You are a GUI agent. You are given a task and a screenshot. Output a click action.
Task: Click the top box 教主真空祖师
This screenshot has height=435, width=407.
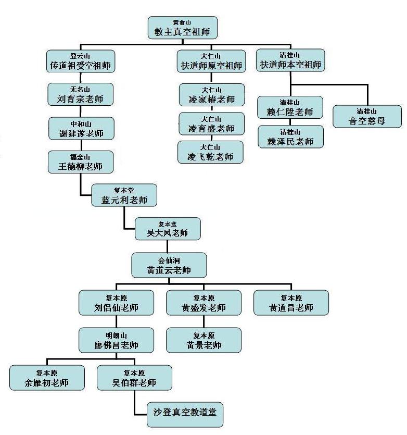[x=182, y=28]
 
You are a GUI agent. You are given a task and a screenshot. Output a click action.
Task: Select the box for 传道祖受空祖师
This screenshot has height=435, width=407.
[x=80, y=61]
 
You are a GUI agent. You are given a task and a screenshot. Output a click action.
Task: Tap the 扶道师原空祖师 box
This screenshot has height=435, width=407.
[x=211, y=61]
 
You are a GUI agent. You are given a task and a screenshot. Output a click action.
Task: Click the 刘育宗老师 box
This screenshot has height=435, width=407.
[x=80, y=94]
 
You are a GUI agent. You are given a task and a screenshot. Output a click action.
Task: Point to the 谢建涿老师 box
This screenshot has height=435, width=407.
[x=80, y=129]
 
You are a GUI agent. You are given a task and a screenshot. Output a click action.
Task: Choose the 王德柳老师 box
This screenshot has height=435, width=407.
[x=80, y=162]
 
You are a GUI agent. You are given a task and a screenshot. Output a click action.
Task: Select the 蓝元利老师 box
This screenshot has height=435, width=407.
[x=124, y=195]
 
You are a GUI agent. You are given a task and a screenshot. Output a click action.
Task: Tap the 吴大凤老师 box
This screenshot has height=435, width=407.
[x=168, y=229]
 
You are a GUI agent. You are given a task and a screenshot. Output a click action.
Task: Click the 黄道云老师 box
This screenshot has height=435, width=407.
[x=169, y=265]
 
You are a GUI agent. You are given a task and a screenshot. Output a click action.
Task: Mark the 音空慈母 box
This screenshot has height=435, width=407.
[x=367, y=117]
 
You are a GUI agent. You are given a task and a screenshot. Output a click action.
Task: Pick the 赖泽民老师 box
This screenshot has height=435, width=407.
[x=290, y=137]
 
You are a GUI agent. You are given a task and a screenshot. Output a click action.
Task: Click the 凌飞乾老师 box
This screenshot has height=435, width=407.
[x=210, y=152]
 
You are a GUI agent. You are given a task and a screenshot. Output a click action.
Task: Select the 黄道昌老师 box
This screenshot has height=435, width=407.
[x=291, y=303]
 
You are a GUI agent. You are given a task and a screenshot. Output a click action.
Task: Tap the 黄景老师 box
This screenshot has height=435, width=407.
[x=204, y=340]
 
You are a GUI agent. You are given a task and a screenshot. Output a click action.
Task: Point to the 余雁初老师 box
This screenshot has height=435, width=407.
[x=47, y=378]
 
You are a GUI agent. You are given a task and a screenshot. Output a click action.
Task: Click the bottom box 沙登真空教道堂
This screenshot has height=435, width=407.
[x=185, y=415]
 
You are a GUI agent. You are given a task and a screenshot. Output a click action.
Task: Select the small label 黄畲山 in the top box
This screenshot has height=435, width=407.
[x=182, y=22]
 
